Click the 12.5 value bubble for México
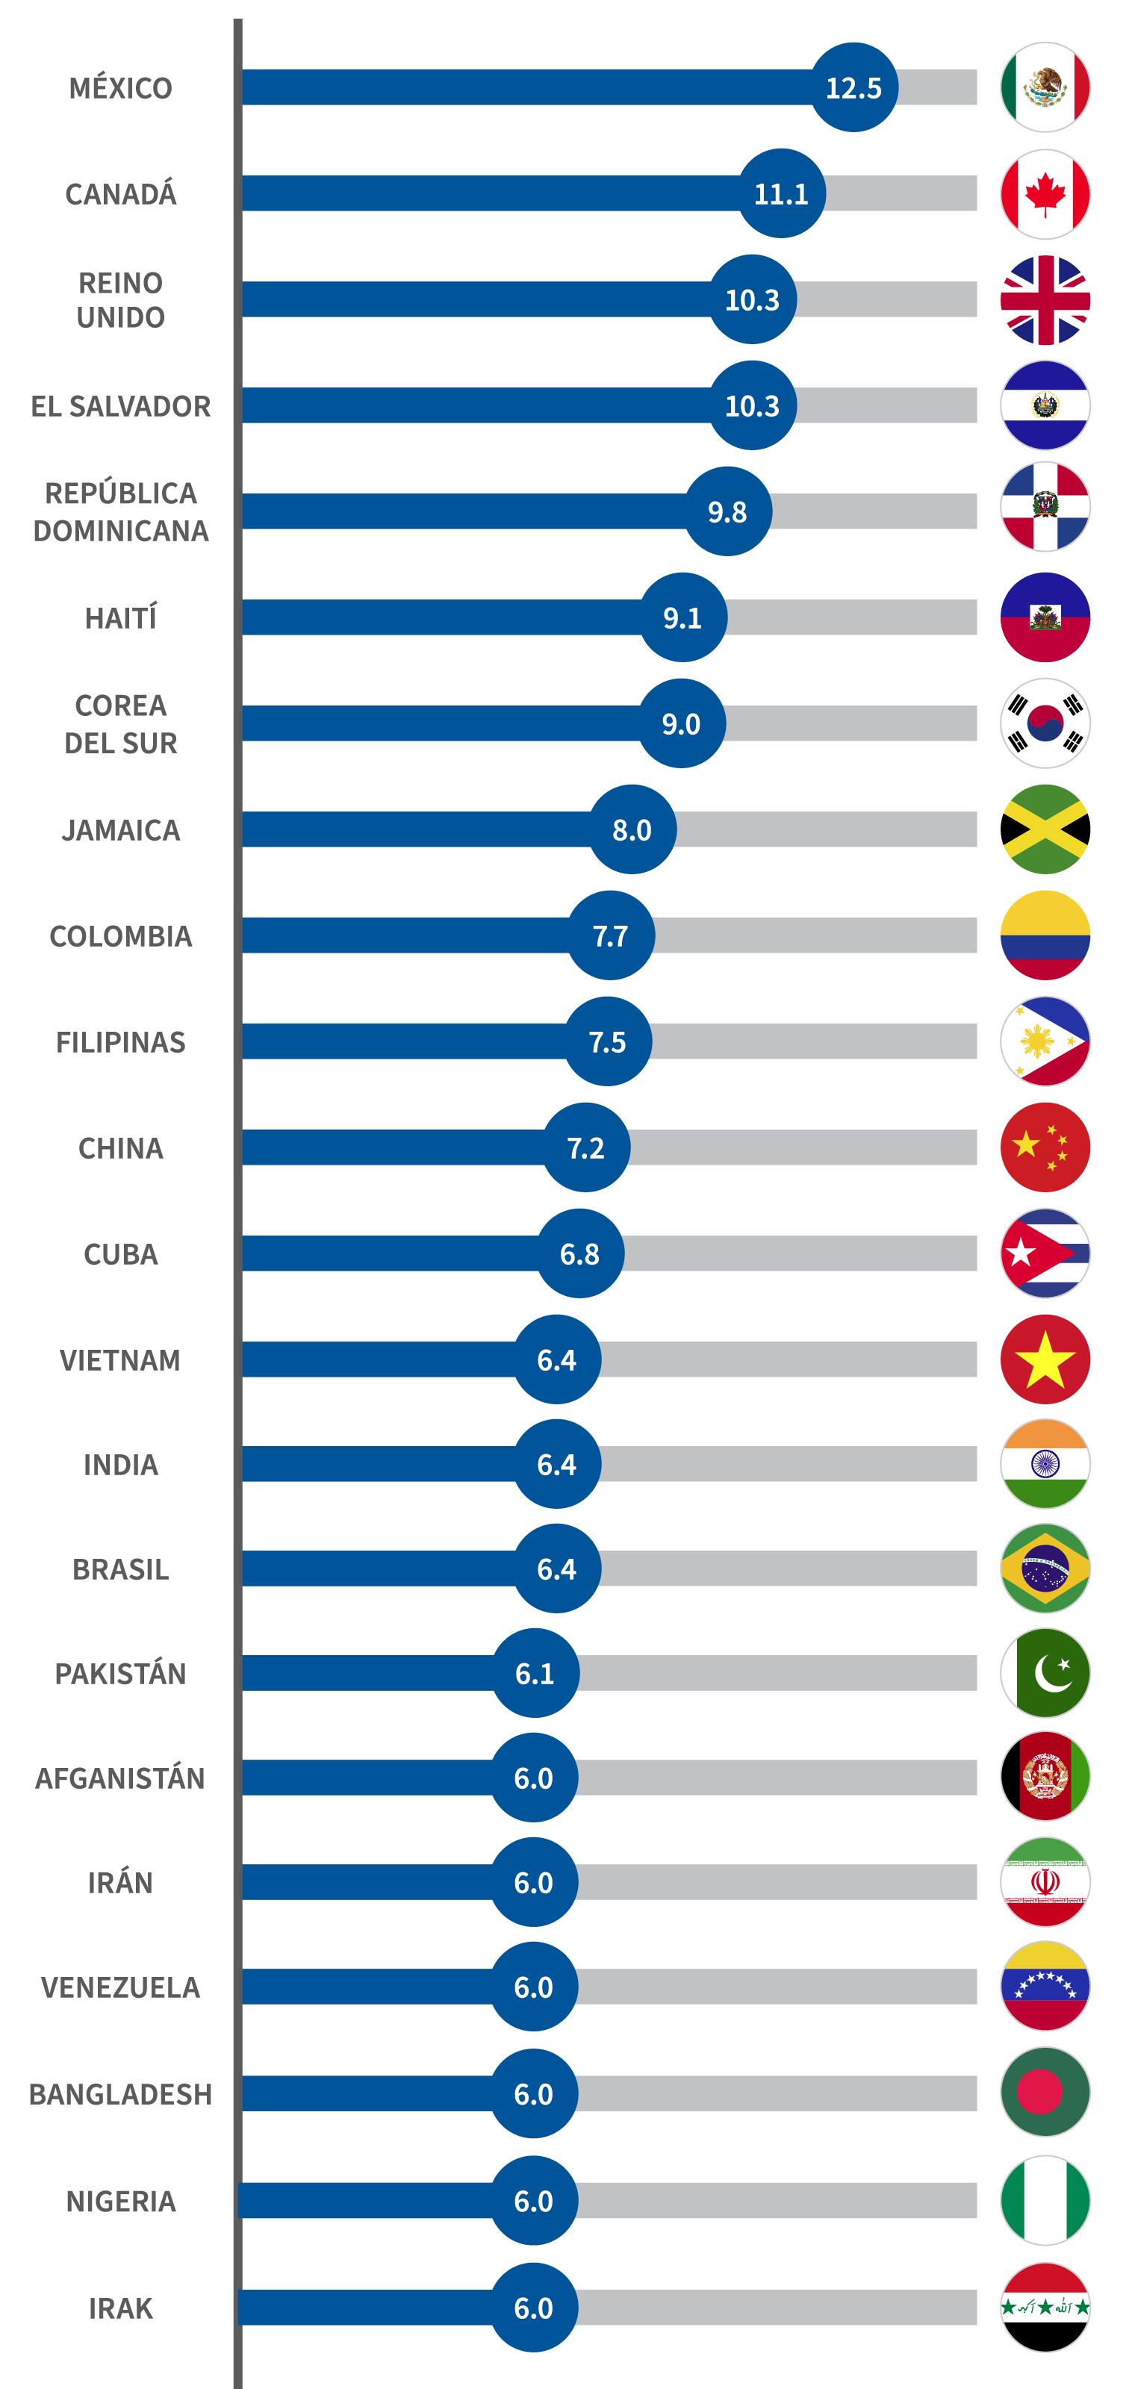point(854,87)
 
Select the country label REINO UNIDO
point(120,299)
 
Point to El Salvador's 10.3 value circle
point(753,405)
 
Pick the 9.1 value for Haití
point(682,617)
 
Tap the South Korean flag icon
point(1045,723)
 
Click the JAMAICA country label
point(120,830)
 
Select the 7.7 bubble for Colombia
point(611,935)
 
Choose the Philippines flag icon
point(1045,1041)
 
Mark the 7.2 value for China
point(586,1148)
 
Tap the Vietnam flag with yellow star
point(1045,1359)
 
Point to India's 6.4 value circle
point(556,1464)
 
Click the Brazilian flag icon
point(1045,1569)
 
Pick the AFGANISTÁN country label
point(120,1778)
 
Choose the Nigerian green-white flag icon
point(1045,2201)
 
